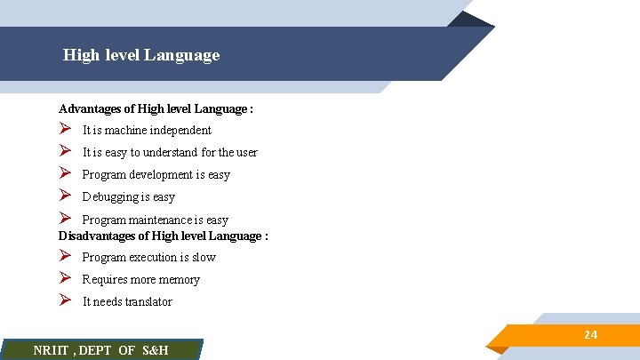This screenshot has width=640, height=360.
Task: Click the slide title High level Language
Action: [141, 55]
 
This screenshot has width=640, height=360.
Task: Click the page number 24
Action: [590, 334]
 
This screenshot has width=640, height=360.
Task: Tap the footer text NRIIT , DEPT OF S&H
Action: [100, 350]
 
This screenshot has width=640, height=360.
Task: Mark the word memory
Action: [179, 280]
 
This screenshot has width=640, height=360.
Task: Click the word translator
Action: [149, 302]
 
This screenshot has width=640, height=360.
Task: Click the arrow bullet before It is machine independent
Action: [65, 130]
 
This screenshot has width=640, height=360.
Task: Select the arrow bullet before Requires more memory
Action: [65, 279]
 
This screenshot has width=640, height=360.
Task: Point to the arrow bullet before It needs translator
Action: [65, 301]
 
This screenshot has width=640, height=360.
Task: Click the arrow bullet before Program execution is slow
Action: [65, 257]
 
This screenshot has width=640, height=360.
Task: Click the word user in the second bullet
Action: [245, 153]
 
